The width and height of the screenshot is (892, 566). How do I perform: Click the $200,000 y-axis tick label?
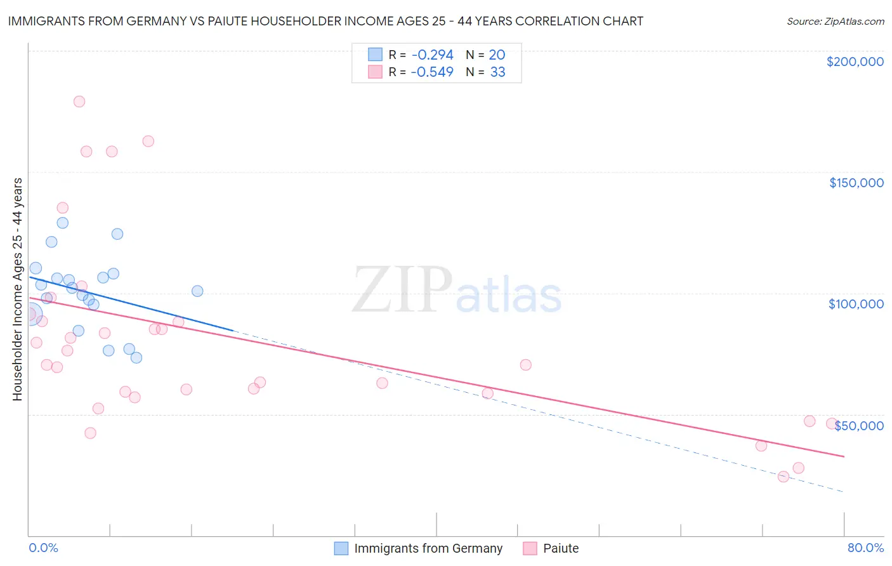[x=855, y=62]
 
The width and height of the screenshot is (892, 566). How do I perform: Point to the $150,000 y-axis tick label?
[x=856, y=183]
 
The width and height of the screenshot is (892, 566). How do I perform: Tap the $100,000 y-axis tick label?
[x=856, y=304]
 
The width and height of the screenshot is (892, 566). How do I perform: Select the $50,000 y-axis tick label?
[x=859, y=426]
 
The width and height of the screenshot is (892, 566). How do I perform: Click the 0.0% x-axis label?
[x=43, y=548]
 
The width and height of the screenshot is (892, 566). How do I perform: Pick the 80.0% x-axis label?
[x=865, y=548]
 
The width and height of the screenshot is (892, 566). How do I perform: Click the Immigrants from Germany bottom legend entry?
[x=419, y=548]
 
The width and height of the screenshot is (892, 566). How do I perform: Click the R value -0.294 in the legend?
[x=432, y=55]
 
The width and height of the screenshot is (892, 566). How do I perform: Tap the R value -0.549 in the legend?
[x=432, y=72]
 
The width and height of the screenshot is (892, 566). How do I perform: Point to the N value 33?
[x=497, y=72]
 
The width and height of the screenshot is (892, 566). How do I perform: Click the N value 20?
[x=497, y=55]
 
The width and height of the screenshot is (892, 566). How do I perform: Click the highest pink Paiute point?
[x=79, y=102]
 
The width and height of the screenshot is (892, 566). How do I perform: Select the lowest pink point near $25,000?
[x=784, y=477]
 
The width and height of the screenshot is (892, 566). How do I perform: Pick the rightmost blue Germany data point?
[x=197, y=291]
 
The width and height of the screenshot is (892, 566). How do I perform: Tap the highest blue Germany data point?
[x=62, y=223]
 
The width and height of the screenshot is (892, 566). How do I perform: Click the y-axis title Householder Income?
[x=17, y=289]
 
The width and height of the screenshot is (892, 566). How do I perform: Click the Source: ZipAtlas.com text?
[x=835, y=22]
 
